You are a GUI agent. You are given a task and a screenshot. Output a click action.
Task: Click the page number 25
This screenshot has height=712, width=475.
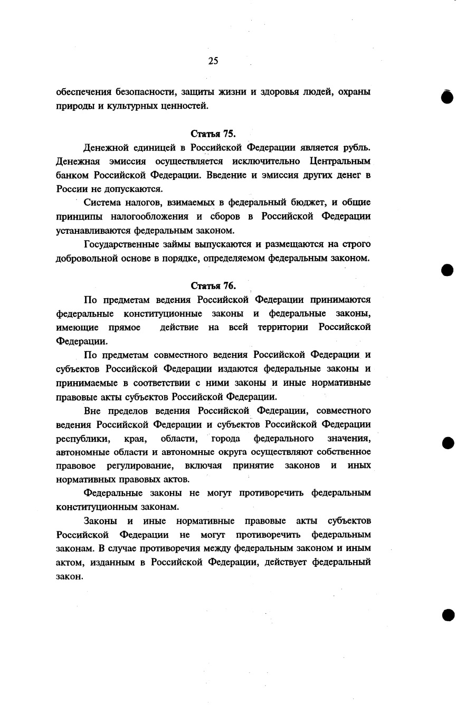[x=213, y=61]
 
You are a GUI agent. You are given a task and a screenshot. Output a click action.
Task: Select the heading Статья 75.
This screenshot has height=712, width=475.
[x=213, y=134]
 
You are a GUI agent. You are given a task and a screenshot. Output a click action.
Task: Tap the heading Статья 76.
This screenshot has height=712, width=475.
[x=213, y=286]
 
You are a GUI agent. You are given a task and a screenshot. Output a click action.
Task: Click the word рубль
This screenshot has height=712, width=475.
[x=357, y=147]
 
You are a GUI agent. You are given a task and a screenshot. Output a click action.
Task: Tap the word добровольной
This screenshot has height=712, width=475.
[x=89, y=258]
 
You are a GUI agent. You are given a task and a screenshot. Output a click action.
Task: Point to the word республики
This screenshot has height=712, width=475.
[x=83, y=439]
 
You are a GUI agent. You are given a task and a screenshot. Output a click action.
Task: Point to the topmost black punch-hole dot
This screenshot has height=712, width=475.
[x=448, y=98]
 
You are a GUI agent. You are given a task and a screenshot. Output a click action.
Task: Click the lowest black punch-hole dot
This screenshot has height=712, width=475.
[x=448, y=614]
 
